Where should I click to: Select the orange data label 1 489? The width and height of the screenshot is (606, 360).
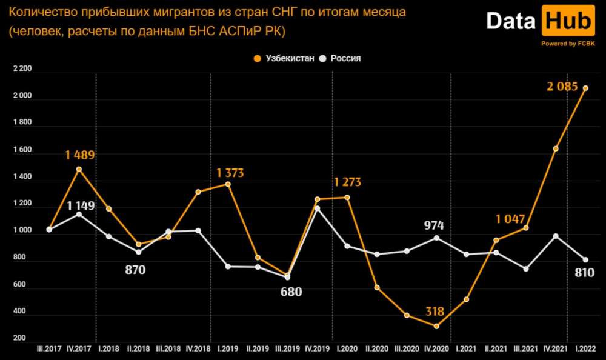80,155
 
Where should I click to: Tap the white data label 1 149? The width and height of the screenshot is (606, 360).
81,206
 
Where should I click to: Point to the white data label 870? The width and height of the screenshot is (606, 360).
135,270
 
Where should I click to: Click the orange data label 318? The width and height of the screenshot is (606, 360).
434,312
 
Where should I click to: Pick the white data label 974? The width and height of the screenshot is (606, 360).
434,226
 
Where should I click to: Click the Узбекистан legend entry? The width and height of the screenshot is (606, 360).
285,58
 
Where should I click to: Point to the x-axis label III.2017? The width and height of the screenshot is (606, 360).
49,350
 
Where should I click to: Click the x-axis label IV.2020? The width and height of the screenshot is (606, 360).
435,350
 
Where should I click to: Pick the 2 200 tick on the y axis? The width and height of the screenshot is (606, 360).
22,69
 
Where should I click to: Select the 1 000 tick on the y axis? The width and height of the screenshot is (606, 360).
22,231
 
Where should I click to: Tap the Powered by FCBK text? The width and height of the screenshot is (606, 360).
567,44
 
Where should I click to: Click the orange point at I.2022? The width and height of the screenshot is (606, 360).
585,88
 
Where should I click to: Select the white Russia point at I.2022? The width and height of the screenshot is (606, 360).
585,260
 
